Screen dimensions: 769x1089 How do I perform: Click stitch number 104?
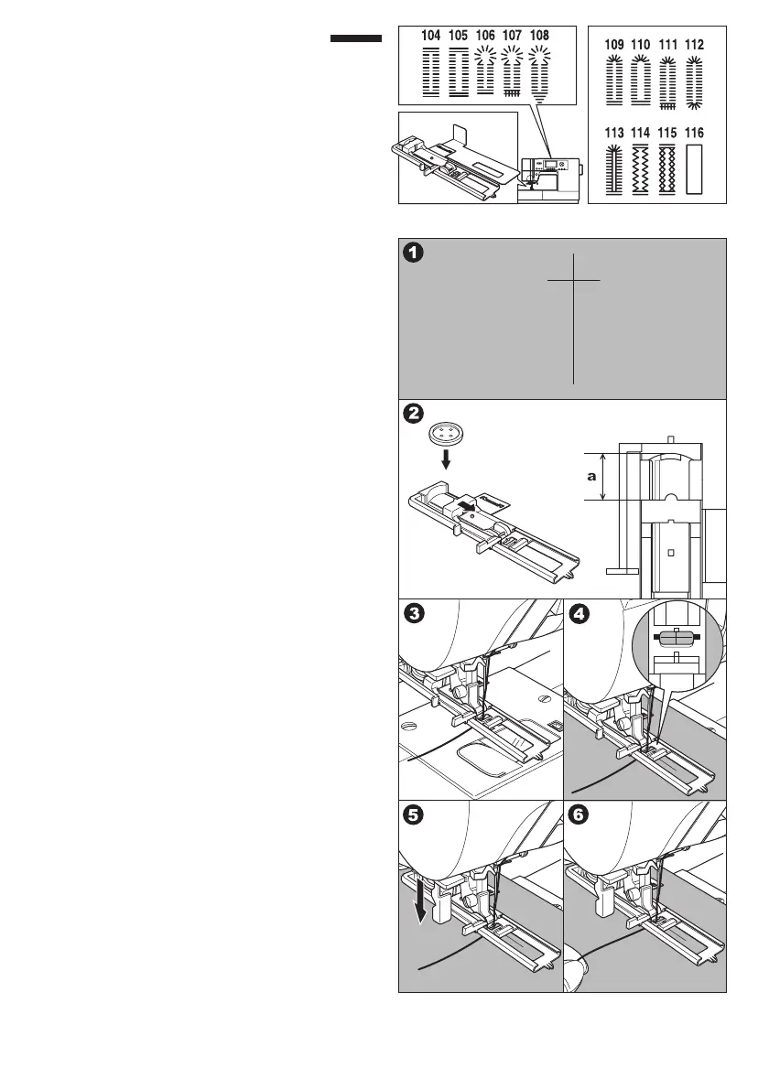430,35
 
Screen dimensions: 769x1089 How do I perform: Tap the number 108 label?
540,35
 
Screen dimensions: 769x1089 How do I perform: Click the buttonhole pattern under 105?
459,71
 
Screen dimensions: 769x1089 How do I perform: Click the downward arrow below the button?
446,458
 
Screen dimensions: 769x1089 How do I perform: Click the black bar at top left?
355,38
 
